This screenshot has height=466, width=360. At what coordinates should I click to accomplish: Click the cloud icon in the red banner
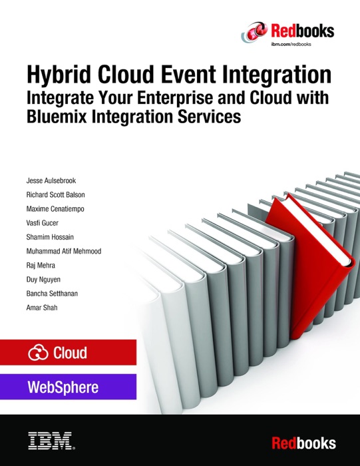click(x=38, y=353)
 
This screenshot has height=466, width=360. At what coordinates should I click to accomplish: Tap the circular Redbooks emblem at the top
click(x=256, y=30)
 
